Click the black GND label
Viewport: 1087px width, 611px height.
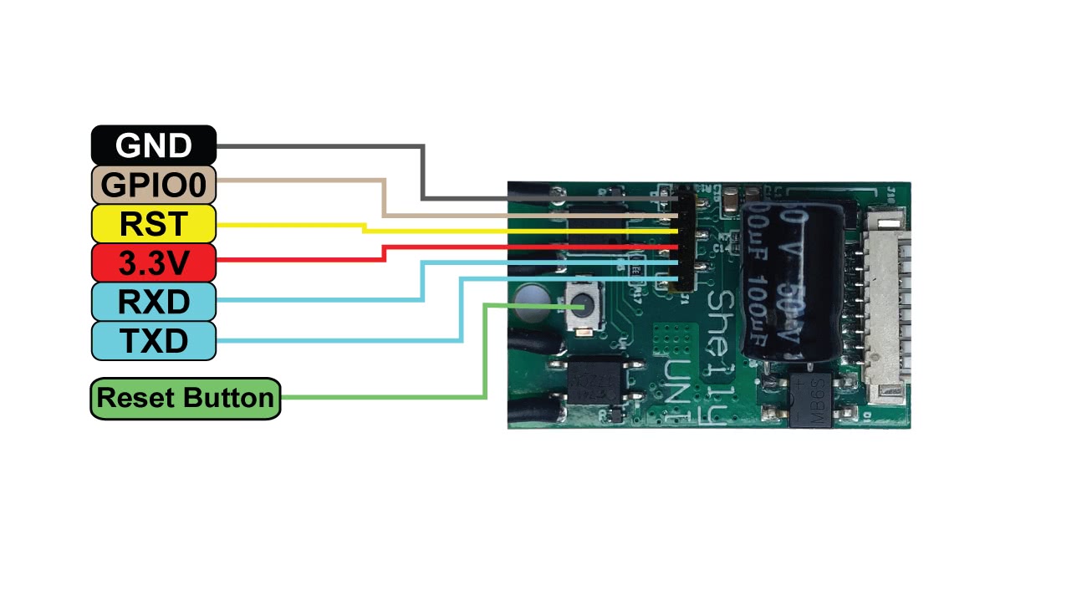(154, 145)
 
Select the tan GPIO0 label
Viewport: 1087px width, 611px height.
(154, 185)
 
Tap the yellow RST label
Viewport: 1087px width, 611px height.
(154, 224)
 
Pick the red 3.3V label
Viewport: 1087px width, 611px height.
(154, 263)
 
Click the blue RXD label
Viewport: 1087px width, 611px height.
(154, 302)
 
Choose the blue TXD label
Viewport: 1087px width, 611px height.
(154, 341)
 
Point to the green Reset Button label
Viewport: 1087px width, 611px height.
(185, 398)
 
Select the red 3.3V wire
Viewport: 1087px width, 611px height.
(502, 247)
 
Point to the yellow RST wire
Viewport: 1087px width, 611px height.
(502, 230)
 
